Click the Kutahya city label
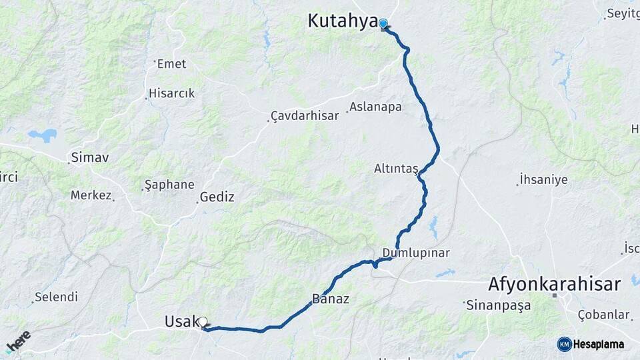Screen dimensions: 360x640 coord(342,21)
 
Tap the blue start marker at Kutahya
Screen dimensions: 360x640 coord(383,24)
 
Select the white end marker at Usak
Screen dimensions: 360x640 coord(203,322)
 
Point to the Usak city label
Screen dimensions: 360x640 coord(181,322)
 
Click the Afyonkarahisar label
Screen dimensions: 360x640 coord(555,283)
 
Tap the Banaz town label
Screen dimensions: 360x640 coord(331,299)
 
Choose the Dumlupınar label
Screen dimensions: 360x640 coord(416,253)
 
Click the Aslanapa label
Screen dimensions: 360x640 coord(376,107)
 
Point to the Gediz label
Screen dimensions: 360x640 coord(217,197)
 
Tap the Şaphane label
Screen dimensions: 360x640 coord(169,185)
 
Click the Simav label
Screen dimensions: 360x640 coord(89,158)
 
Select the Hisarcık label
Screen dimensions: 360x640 coord(171,93)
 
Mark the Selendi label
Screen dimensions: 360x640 coord(56,297)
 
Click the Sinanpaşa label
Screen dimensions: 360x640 coord(499,305)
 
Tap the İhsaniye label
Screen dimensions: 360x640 coord(544,179)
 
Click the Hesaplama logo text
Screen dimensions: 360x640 coord(599,344)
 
